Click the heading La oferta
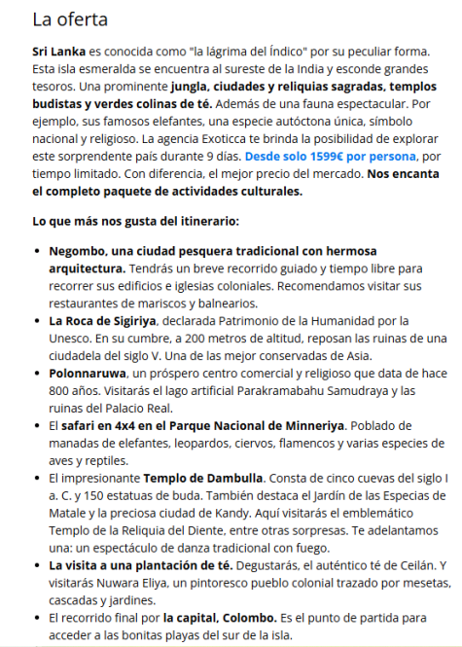tap(70, 18)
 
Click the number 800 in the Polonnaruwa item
tap(61, 390)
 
